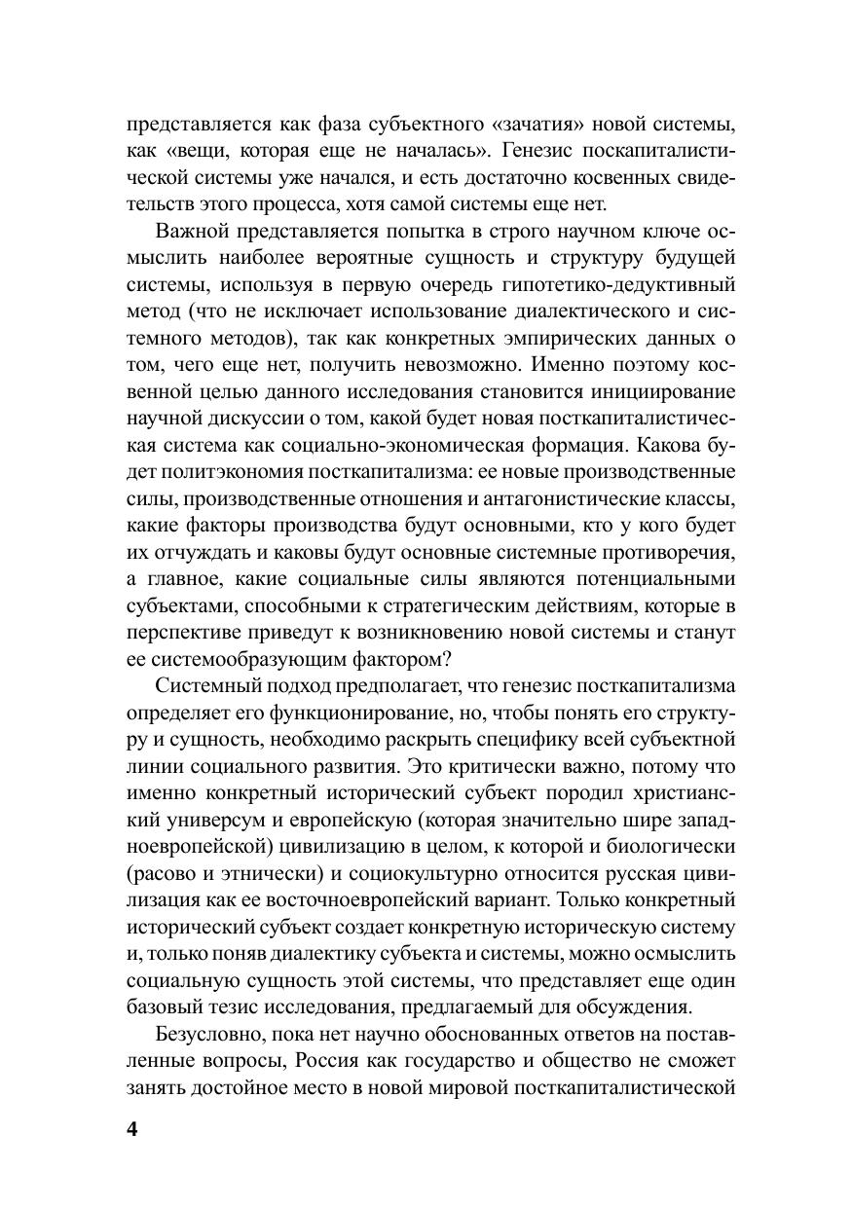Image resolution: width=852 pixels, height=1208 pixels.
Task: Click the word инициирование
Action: (x=659, y=392)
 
